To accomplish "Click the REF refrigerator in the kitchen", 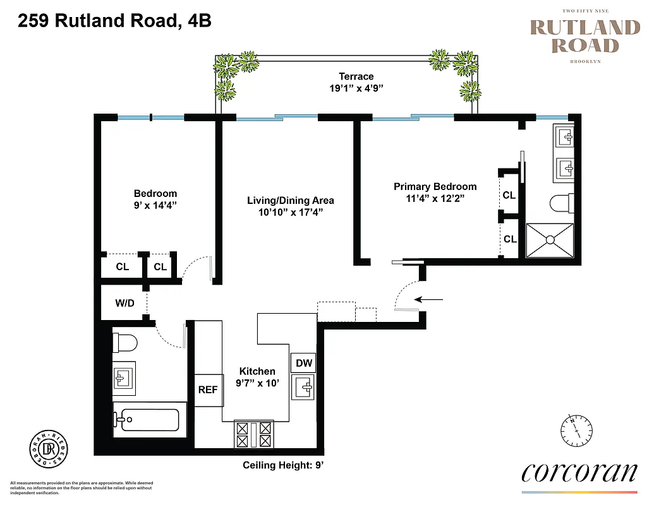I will (208, 389).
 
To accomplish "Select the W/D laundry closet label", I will (124, 303).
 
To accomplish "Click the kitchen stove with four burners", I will (253, 434).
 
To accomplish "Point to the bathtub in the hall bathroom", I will (150, 420).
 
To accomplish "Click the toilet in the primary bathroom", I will (561, 204).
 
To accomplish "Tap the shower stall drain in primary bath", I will (550, 240).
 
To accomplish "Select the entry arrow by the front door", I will (430, 299).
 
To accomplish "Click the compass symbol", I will (577, 431).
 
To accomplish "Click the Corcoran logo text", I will (579, 473).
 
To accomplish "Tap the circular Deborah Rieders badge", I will (49, 448).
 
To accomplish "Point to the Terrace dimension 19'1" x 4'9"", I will (356, 89).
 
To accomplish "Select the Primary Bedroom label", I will (435, 186).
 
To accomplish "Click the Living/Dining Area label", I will (290, 200).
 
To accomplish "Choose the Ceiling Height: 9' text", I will (283, 466).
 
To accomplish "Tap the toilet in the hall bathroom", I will (125, 343).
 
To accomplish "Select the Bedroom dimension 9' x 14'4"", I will (155, 205).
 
